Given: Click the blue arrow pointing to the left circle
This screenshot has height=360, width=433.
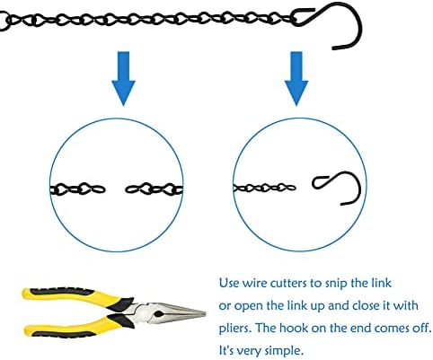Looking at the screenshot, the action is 123,78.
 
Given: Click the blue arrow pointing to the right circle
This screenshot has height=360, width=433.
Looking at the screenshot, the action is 296,78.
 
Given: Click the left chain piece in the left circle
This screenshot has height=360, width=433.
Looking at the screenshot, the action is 77,189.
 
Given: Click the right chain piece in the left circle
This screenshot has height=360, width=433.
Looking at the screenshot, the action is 154,189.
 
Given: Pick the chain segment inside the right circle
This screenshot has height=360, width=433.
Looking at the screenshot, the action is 264,188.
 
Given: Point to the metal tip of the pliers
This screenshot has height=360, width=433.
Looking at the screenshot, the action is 205,313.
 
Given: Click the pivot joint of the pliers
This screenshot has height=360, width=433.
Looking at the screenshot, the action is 159,314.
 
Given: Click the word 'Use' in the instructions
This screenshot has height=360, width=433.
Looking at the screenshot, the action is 229,283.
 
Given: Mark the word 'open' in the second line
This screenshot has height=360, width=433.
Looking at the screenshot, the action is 247,307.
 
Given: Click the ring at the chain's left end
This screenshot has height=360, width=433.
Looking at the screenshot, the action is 3,21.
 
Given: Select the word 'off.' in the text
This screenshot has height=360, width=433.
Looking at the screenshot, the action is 421,328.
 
